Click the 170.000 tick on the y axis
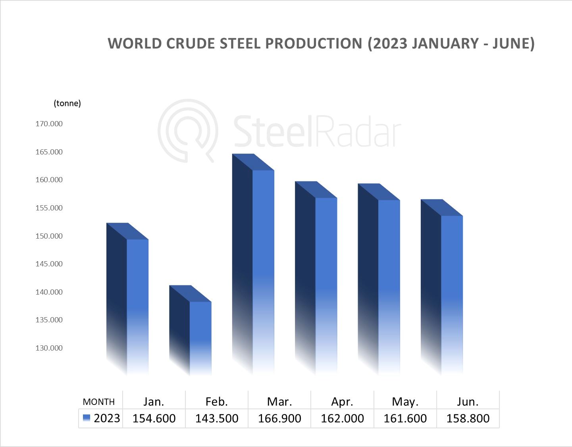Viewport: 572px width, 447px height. point(49,124)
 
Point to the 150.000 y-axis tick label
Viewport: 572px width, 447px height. point(49,236)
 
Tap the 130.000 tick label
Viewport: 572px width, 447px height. point(49,348)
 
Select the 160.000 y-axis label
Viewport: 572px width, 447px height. point(49,180)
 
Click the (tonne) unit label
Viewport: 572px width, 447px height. point(67,103)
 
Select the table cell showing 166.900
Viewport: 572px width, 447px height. point(279,418)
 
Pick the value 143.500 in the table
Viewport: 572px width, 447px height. point(217,418)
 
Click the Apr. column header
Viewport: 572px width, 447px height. point(342,402)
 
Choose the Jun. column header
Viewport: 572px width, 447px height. point(468,402)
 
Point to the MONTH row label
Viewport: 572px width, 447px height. point(99,402)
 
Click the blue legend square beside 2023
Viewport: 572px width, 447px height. point(87,418)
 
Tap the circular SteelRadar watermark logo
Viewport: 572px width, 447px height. point(188,130)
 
